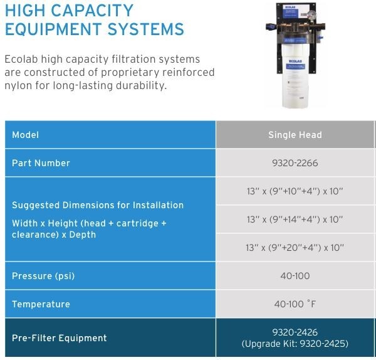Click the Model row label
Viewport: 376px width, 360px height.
(x=25, y=135)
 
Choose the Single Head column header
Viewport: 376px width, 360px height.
(x=295, y=135)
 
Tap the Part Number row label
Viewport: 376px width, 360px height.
(x=41, y=163)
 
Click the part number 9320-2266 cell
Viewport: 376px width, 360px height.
(x=295, y=163)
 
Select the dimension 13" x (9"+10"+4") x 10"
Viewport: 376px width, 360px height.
(x=295, y=191)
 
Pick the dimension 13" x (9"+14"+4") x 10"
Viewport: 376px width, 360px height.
(x=295, y=219)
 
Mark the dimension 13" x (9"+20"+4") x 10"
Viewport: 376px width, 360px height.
(x=295, y=248)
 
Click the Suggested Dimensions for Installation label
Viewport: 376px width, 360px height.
(x=98, y=205)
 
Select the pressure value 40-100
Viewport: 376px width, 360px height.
(x=295, y=276)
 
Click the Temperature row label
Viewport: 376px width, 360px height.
(x=41, y=304)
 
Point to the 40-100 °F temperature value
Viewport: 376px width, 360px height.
(x=295, y=304)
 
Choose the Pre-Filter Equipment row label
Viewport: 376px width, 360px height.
(x=60, y=338)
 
